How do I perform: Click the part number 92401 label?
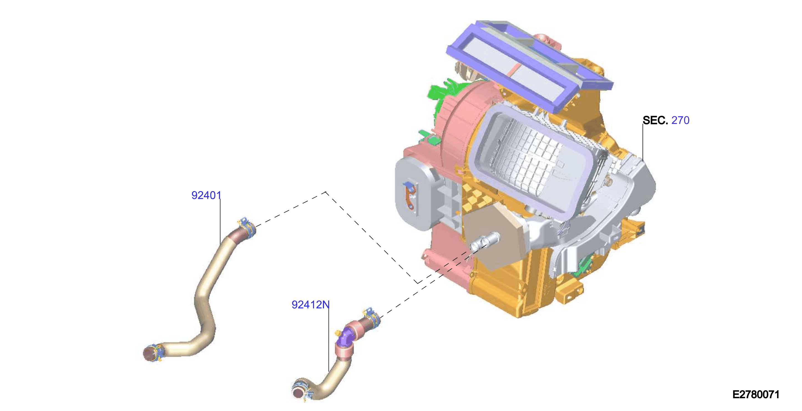point(206,195)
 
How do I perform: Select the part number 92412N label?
point(310,305)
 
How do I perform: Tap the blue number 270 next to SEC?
point(680,120)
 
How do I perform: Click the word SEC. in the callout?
point(655,120)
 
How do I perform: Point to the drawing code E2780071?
point(756,395)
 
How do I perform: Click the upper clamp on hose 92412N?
point(372,317)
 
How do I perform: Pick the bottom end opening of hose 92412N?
point(298,394)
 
